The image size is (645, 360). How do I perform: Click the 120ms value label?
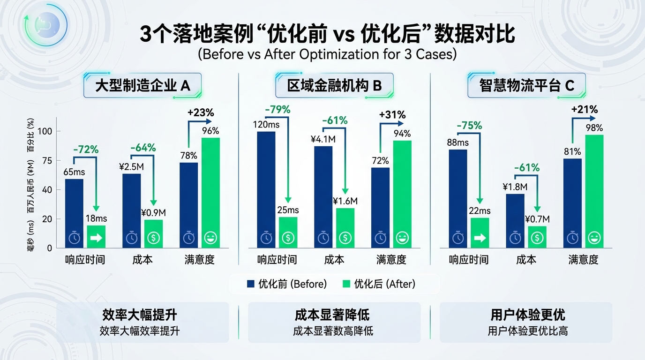[x=266, y=125]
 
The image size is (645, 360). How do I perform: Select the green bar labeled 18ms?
[x=96, y=237]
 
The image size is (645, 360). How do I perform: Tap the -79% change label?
[x=277, y=110]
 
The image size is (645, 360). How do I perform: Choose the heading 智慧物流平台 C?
[x=526, y=85]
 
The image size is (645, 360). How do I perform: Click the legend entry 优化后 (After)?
[x=379, y=284]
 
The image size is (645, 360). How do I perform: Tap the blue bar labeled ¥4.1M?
[x=323, y=197]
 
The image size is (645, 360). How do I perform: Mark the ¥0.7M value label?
[x=537, y=219]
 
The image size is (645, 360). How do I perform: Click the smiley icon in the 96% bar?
[x=210, y=238]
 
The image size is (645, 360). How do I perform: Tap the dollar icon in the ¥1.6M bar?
[x=345, y=238]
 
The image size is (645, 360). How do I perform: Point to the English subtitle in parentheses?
[x=327, y=54]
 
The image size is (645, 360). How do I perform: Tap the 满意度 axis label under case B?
[x=391, y=260]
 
